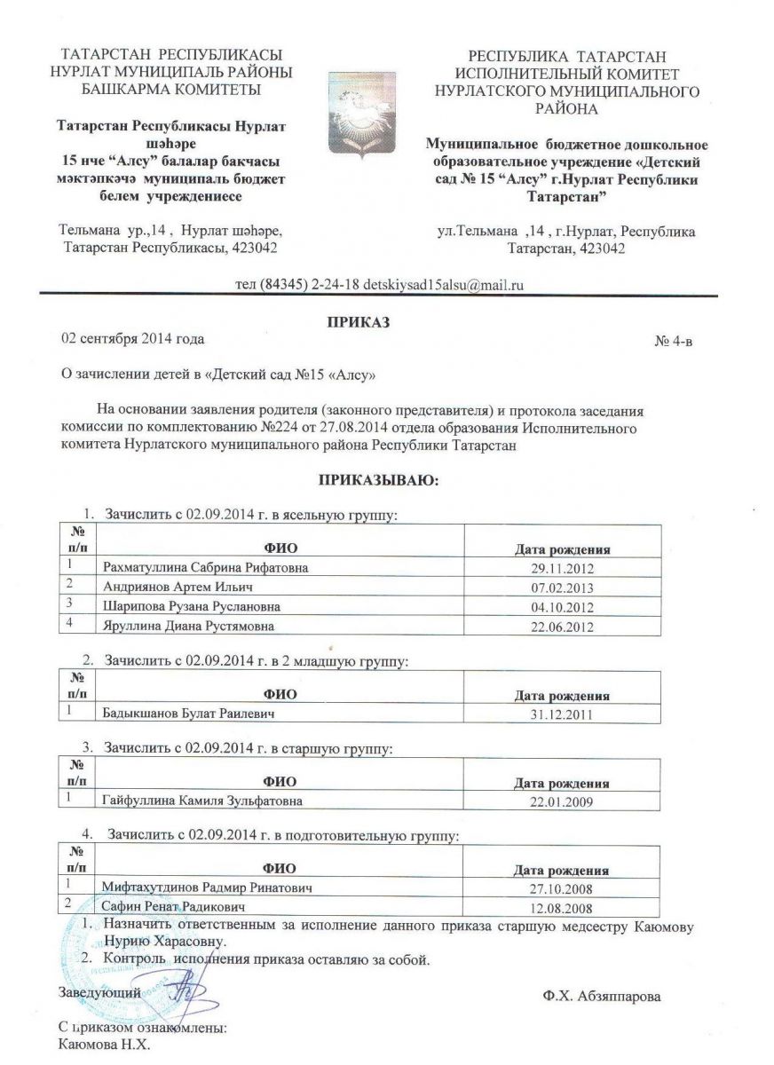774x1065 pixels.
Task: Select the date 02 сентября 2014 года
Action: (x=131, y=339)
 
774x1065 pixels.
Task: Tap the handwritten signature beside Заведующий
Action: (x=187, y=992)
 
